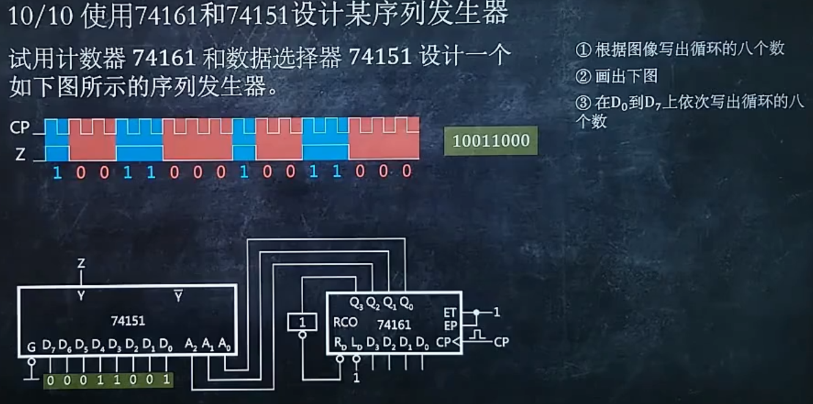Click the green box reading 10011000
pos(490,141)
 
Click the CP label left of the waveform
pos(20,128)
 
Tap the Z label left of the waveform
pos(20,155)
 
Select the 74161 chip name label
pos(394,325)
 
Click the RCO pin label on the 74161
pos(345,322)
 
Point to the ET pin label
pos(449,312)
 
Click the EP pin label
pos(449,325)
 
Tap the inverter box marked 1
pos(302,321)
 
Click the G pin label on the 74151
pos(31,347)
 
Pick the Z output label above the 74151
pos(81,264)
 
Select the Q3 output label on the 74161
pos(356,303)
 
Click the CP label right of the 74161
pos(501,342)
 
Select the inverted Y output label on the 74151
pos(178,296)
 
